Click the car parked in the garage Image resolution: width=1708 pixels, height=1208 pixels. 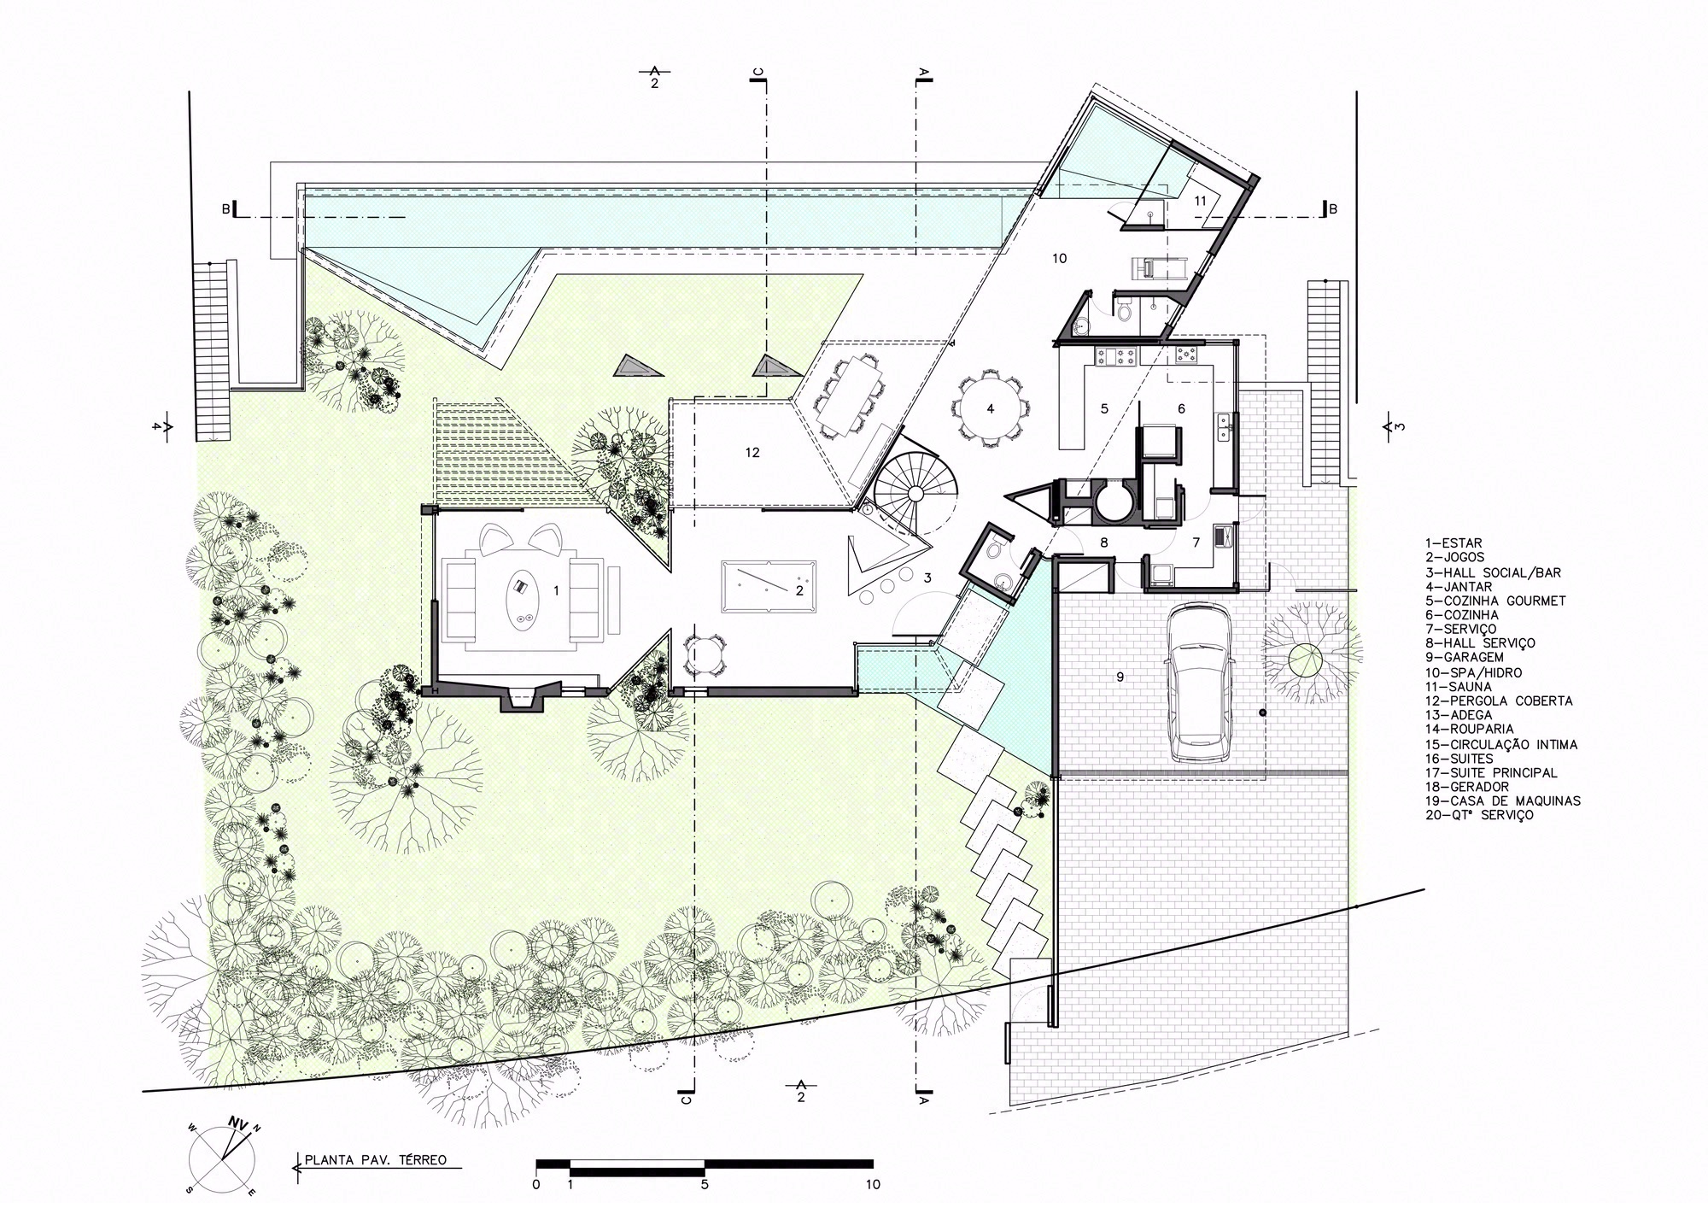click(1200, 683)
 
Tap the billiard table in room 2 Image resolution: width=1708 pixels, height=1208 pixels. click(768, 587)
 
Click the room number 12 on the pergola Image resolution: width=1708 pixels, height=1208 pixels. click(752, 453)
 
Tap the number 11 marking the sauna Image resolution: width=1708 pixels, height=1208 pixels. click(1200, 201)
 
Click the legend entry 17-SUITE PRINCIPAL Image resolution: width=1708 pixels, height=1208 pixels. click(1490, 772)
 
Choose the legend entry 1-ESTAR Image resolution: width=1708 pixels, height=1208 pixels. click(1453, 542)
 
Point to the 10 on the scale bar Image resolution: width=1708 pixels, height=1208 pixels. click(872, 1185)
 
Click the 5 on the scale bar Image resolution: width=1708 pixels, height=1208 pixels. click(705, 1185)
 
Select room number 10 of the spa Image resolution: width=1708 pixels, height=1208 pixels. click(1059, 258)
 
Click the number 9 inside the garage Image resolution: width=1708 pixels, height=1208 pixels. click(1120, 677)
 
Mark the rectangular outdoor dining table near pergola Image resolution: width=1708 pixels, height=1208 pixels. click(849, 396)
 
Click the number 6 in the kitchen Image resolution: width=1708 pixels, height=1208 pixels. click(1181, 408)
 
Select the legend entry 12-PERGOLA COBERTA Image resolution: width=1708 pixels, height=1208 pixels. click(1498, 701)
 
